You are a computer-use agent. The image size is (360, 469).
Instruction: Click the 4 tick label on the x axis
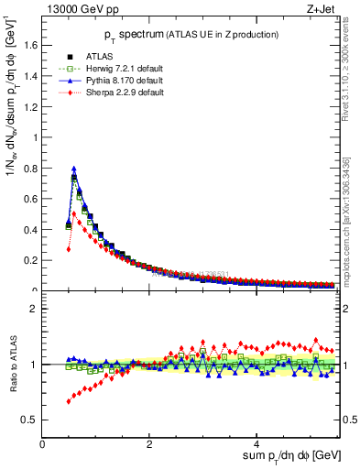257,444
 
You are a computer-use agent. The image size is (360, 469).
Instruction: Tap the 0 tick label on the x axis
43,444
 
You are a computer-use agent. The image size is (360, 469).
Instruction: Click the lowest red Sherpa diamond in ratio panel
69,401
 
